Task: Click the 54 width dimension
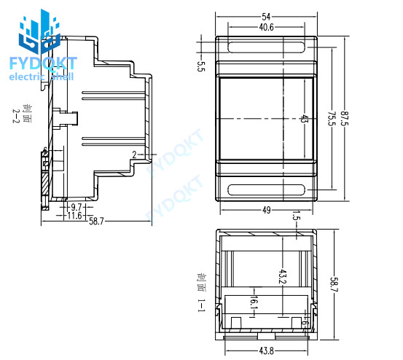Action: point(267,15)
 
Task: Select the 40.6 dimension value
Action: point(267,27)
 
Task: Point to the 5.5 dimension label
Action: point(201,67)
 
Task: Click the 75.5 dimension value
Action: point(331,119)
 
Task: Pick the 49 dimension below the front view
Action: point(267,210)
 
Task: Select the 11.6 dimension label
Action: point(74,216)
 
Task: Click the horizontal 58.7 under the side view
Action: point(96,222)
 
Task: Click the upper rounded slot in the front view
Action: point(267,48)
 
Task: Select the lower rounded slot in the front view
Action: point(267,190)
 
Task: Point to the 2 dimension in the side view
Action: point(134,154)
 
